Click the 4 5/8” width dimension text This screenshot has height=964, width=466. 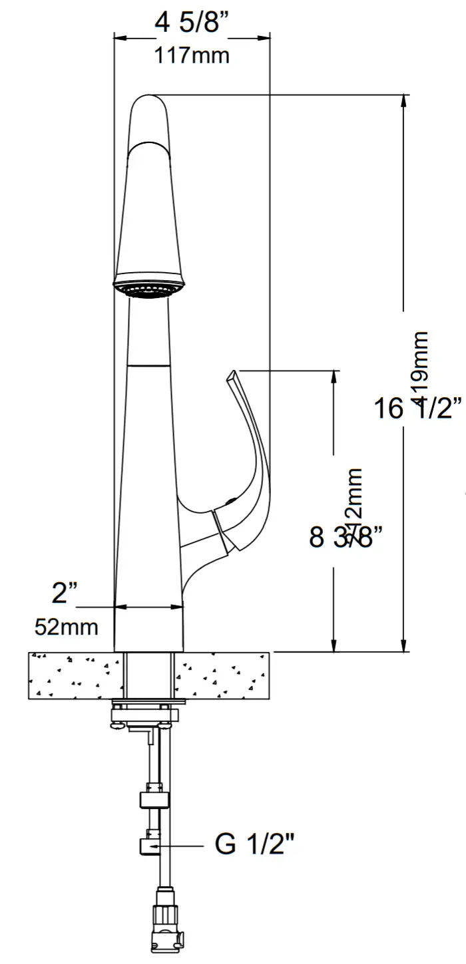(x=192, y=23)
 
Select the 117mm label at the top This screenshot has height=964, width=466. (x=192, y=55)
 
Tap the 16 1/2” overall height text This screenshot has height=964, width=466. (x=417, y=408)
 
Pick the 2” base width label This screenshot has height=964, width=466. (x=65, y=591)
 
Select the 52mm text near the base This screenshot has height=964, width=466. (x=66, y=626)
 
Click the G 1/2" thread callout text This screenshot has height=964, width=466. (x=254, y=845)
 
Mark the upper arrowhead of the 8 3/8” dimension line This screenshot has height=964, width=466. (x=333, y=377)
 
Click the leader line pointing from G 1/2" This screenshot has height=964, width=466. (x=180, y=846)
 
